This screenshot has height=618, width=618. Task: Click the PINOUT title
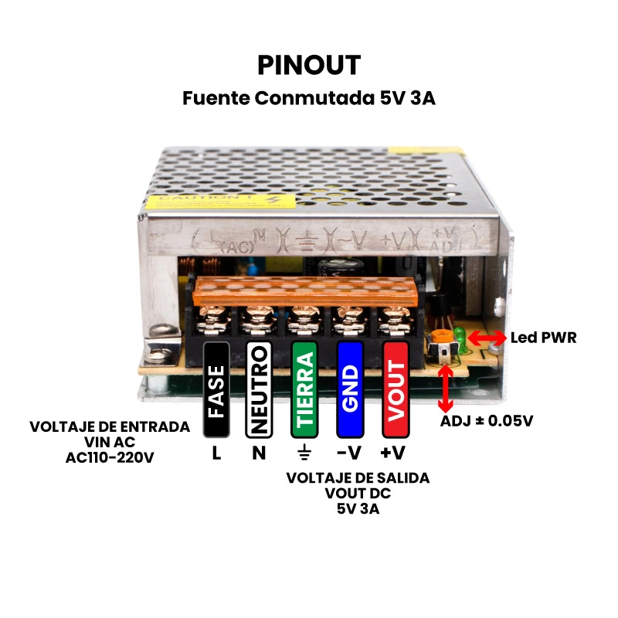click(309, 66)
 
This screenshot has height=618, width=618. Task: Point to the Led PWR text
click(543, 338)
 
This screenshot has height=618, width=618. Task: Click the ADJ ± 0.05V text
click(487, 422)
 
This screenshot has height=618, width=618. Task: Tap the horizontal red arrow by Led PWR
click(487, 338)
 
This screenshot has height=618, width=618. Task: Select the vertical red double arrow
click(446, 388)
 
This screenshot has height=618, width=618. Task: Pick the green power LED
click(460, 337)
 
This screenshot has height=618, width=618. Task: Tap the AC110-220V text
click(110, 457)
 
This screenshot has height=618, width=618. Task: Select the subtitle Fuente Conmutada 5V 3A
click(309, 99)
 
